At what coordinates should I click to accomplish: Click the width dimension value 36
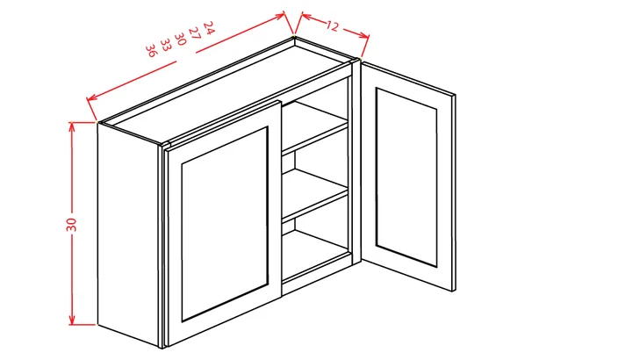point(152,50)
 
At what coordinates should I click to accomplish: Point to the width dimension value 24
point(209,25)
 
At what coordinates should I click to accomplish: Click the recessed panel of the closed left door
point(224,224)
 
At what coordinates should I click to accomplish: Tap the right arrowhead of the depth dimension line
point(367,36)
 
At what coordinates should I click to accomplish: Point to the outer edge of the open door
point(454,193)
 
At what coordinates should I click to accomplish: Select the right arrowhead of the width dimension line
point(286,15)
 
